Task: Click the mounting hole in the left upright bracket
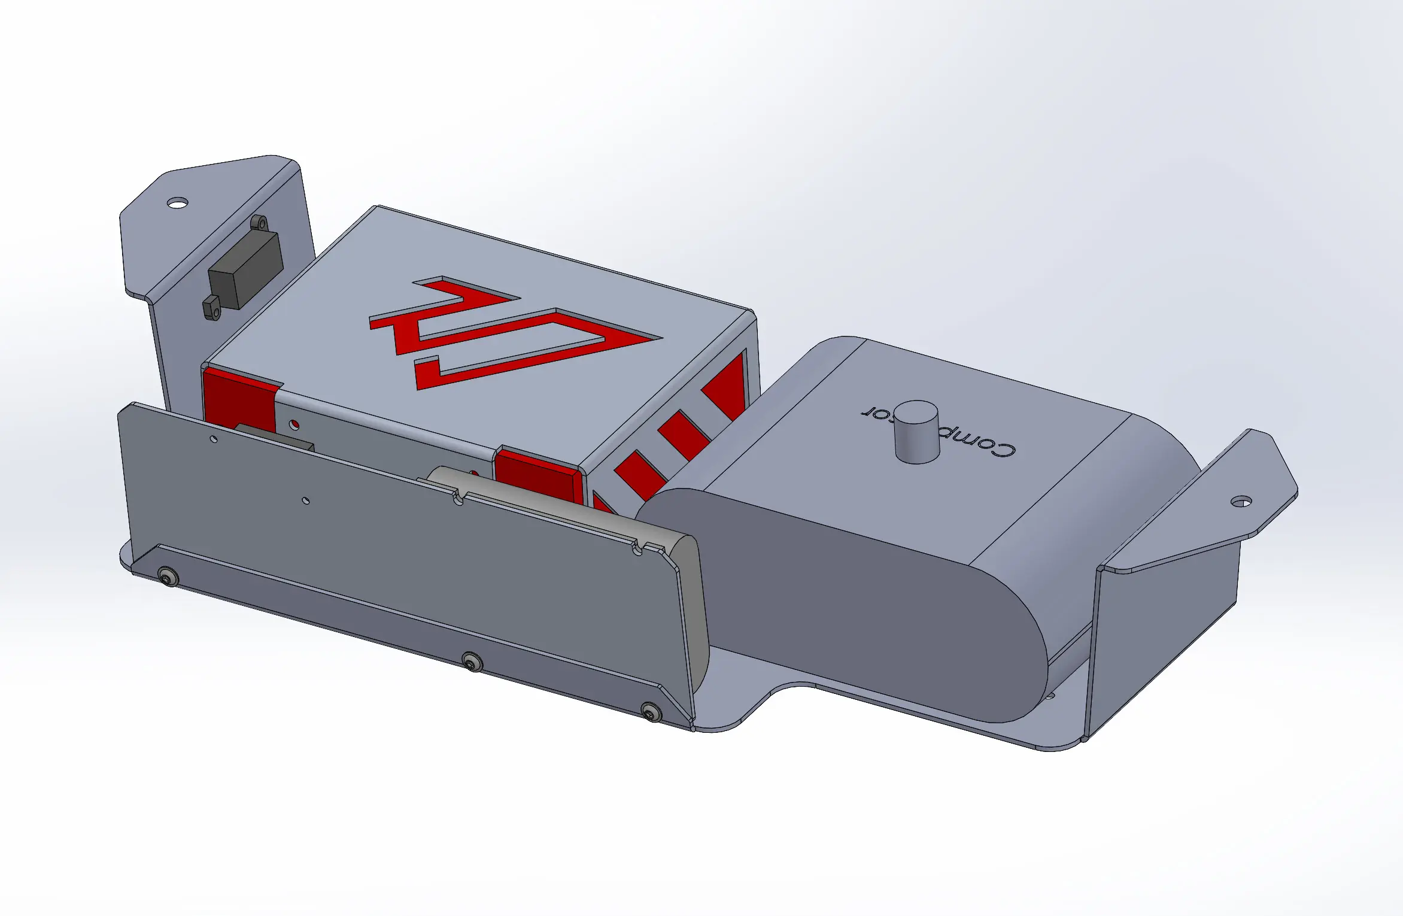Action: pyautogui.click(x=177, y=203)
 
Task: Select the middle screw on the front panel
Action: pyautogui.click(x=472, y=662)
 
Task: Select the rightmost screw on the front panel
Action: pyautogui.click(x=651, y=712)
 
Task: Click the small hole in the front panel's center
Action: pyautogui.click(x=306, y=501)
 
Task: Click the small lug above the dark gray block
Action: pyautogui.click(x=259, y=223)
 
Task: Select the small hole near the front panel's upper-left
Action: pyautogui.click(x=214, y=439)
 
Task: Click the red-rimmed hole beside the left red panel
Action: pyautogui.click(x=294, y=424)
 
